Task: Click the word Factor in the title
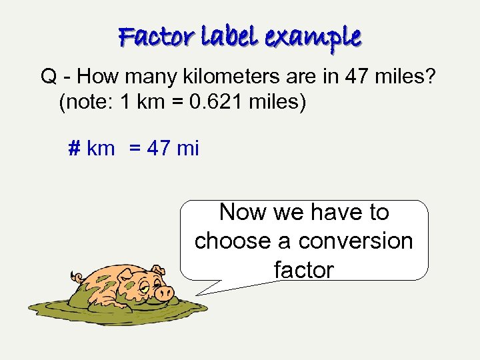[x=151, y=37]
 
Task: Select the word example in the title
[x=313, y=37]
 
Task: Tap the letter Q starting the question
[x=48, y=77]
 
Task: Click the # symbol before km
[x=75, y=147]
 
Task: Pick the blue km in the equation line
[x=101, y=148]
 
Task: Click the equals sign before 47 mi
[x=135, y=148]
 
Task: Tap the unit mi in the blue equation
[x=187, y=147]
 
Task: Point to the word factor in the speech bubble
[x=304, y=269]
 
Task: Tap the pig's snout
[x=164, y=292]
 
